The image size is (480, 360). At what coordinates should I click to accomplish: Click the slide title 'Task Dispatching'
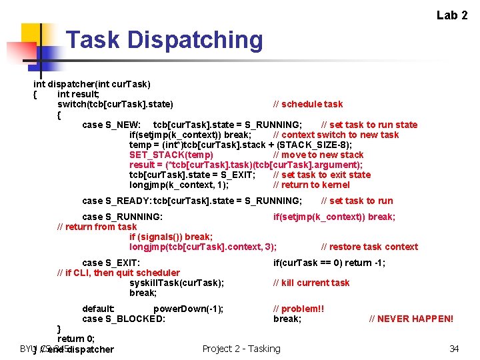[x=165, y=40]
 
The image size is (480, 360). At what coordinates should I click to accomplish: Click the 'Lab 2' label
[x=452, y=15]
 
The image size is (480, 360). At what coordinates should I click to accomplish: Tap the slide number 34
[x=454, y=348]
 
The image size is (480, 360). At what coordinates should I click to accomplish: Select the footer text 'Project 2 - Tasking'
[x=241, y=348]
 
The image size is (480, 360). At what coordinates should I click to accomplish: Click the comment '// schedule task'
[x=308, y=104]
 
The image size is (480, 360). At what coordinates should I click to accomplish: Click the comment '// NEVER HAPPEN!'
[x=411, y=319]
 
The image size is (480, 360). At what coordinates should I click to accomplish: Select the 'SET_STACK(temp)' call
[x=162, y=155]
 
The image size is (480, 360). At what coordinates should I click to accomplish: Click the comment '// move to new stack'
[x=319, y=155]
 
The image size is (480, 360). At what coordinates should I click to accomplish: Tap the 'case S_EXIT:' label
[x=111, y=263]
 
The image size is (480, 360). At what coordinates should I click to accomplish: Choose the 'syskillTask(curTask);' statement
[x=177, y=283]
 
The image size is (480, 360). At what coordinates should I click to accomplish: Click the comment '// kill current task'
[x=311, y=283]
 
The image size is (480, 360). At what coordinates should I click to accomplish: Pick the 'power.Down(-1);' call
[x=188, y=309]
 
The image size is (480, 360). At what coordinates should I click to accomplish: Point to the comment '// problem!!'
[x=299, y=309]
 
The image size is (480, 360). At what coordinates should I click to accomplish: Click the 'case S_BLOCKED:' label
[x=123, y=319]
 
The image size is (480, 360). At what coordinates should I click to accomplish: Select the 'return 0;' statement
[x=76, y=339]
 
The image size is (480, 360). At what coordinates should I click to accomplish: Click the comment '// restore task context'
[x=369, y=247]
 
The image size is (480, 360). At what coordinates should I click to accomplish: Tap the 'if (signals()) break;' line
[x=171, y=237]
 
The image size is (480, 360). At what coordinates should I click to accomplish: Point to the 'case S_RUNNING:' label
[x=122, y=217]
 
